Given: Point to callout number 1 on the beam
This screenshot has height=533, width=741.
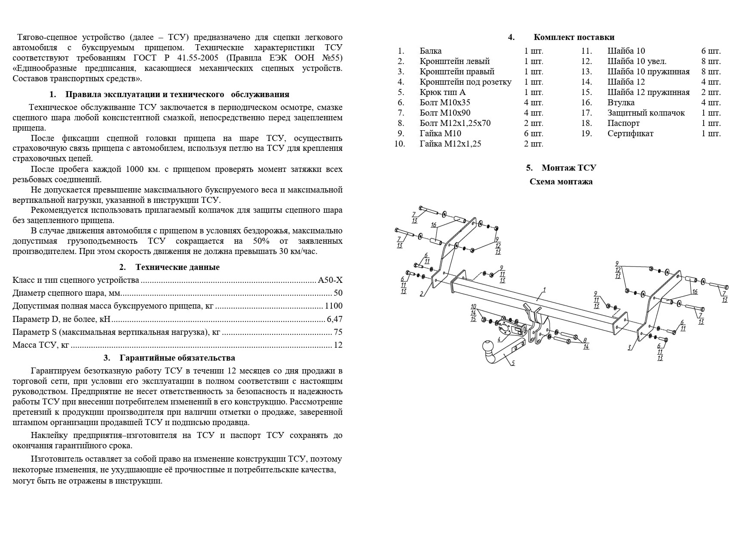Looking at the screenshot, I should tap(544, 290).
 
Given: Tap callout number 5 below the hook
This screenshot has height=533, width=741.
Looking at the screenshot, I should tap(513, 363).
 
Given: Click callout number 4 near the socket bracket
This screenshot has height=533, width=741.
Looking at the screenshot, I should tap(499, 339).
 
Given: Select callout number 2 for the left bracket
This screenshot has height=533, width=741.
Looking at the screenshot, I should tap(422, 294).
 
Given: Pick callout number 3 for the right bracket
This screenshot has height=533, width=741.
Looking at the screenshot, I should tap(630, 348).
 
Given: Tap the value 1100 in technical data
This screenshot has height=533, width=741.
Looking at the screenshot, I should tap(334, 306).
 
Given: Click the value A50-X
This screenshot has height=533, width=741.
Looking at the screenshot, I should tap(330, 280).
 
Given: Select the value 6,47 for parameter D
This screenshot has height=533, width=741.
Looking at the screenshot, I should tap(334, 319).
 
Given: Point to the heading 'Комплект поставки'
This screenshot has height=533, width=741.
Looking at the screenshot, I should tap(574, 37).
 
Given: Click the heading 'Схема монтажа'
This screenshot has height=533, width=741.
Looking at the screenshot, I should tap(561, 181).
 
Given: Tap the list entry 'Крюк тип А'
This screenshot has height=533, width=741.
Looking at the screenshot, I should tap(442, 92).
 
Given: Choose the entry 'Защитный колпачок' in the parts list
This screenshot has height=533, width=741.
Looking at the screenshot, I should tap(646, 113).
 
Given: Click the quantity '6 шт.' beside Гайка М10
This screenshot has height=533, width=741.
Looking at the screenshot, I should tap(533, 134).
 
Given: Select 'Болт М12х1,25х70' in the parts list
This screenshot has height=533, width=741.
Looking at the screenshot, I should tap(455, 123).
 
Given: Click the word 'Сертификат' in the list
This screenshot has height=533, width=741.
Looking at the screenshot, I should tap(630, 134).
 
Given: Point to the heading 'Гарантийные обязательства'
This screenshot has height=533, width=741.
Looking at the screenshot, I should tap(177, 358).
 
